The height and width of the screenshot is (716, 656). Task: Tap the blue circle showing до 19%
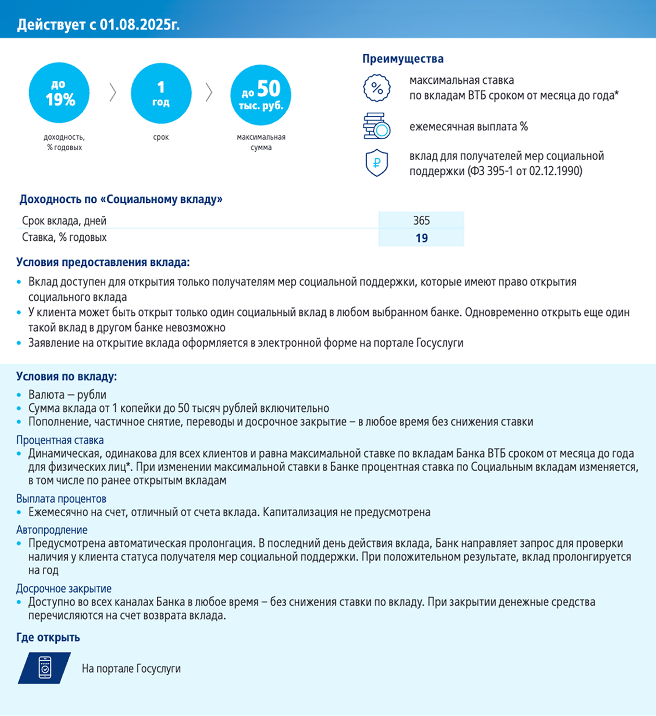point(59,93)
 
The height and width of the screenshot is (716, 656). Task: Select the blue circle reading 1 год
point(161,93)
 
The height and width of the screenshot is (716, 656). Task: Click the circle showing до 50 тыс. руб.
point(261,95)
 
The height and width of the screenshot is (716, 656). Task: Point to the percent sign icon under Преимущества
point(376,88)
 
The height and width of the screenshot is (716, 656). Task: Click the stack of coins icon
point(376,126)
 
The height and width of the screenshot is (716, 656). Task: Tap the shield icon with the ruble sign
point(376,163)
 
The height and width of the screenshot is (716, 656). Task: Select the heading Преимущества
point(403,59)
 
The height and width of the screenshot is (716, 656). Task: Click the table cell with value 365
point(421,220)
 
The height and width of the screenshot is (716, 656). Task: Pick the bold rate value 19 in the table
point(421,238)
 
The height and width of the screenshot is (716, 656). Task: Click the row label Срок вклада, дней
point(64,221)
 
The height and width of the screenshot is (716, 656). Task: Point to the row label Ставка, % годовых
point(64,238)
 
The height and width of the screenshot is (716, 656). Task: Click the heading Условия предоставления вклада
point(103,262)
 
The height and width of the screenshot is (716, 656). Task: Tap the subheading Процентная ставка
point(60,440)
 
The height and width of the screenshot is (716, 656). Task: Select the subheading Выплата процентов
point(61,499)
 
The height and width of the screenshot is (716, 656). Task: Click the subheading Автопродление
point(52,530)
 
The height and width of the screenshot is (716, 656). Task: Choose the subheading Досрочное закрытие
point(64,588)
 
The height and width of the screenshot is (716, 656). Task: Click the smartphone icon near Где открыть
point(45,668)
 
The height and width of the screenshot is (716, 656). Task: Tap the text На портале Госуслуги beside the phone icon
point(131,669)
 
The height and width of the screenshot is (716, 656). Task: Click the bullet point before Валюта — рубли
point(19,395)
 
